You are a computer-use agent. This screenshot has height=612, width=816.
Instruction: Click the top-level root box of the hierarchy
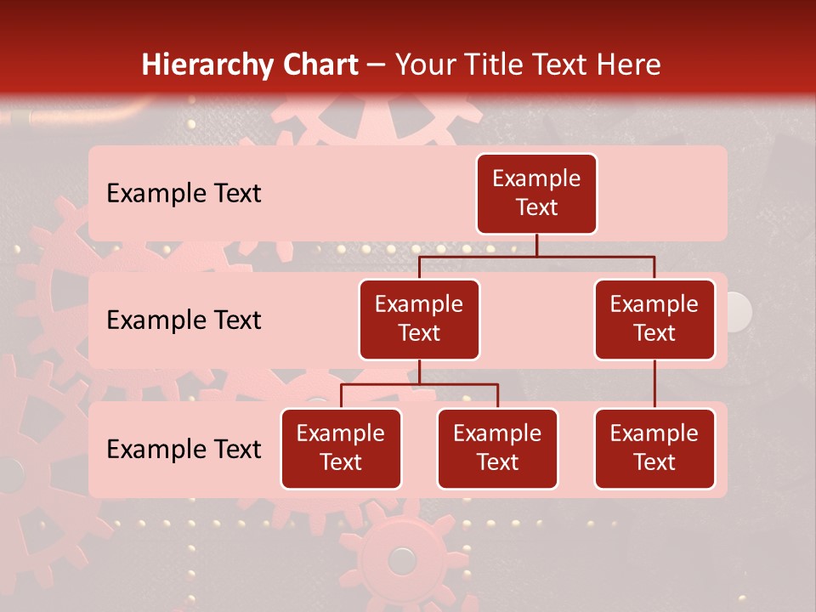[536, 194]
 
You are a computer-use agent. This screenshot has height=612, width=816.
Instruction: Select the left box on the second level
[419, 320]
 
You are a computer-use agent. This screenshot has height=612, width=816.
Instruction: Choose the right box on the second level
[654, 320]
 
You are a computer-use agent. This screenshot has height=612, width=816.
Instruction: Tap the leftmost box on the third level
[341, 449]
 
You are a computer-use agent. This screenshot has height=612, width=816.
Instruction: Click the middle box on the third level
[497, 449]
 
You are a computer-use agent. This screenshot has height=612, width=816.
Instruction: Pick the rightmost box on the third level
[654, 449]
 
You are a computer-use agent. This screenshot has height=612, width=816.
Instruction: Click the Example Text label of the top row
[184, 194]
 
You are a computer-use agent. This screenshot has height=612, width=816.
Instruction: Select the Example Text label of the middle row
[184, 320]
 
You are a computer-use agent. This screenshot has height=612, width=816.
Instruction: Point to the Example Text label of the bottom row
[184, 450]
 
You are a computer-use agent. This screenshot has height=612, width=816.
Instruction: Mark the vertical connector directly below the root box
[536, 245]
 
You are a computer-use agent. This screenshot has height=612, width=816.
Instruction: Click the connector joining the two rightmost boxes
[654, 384]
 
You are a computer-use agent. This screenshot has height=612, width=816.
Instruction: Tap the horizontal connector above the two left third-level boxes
[419, 384]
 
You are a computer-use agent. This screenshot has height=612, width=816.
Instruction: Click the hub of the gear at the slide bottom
[401, 559]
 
